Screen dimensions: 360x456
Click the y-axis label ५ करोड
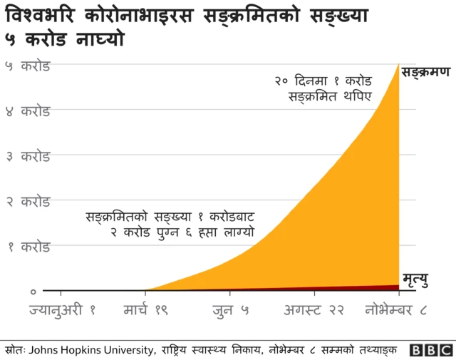[28, 66]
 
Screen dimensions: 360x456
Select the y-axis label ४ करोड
[28, 111]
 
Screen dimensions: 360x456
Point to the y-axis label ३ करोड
[28, 156]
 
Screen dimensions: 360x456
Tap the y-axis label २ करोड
[28, 202]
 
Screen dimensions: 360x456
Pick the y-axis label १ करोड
[28, 247]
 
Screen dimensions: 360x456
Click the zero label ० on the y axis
[33, 292]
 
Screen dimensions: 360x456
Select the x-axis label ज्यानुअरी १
[63, 311]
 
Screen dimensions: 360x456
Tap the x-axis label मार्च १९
[145, 311]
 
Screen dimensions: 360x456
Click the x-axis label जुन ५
[230, 311]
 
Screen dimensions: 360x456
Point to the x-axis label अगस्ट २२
[314, 311]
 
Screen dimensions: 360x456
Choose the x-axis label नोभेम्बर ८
[395, 311]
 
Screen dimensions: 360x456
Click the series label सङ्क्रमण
[425, 73]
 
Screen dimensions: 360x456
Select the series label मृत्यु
[415, 279]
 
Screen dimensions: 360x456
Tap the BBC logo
[431, 350]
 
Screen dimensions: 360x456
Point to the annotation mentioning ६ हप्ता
[170, 224]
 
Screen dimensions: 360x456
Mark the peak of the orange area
[398, 65]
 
